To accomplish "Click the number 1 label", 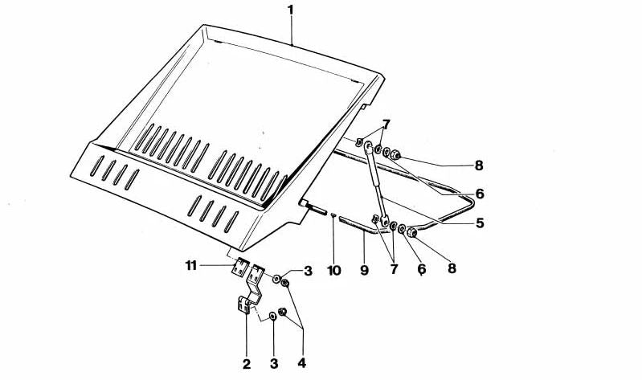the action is [290, 10].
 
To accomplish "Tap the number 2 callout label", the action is [247, 364].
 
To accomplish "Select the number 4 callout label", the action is [302, 363].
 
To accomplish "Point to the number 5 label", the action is [480, 223].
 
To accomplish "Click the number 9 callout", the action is [365, 270].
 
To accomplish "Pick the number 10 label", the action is [334, 271].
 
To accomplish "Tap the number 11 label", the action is [191, 266].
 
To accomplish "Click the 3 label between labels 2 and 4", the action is [274, 364].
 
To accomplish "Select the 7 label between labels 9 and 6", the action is [394, 269].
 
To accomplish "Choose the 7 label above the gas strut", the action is [386, 124].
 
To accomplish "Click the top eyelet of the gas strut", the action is [368, 146].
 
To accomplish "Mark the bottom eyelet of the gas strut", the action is [385, 221].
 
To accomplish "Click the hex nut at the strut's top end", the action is [395, 155].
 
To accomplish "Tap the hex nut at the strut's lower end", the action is [412, 233].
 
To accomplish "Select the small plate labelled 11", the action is [240, 267].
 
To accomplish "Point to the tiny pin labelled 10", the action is [333, 215].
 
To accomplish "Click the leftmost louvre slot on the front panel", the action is [97, 165].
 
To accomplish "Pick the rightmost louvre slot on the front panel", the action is [231, 222].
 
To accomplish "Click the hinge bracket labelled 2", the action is [251, 288].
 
